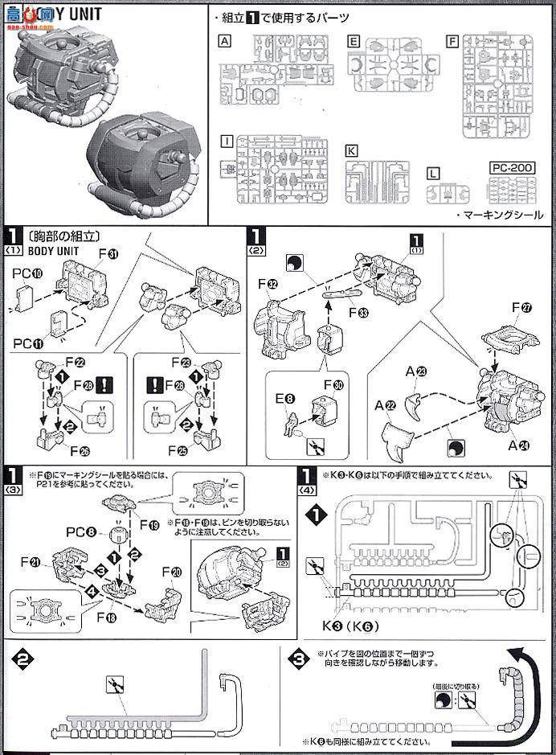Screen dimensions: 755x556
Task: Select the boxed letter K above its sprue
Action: (351, 150)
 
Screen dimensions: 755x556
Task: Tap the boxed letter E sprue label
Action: (354, 39)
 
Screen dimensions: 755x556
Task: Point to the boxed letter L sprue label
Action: (434, 172)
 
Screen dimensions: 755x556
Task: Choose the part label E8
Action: (286, 396)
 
